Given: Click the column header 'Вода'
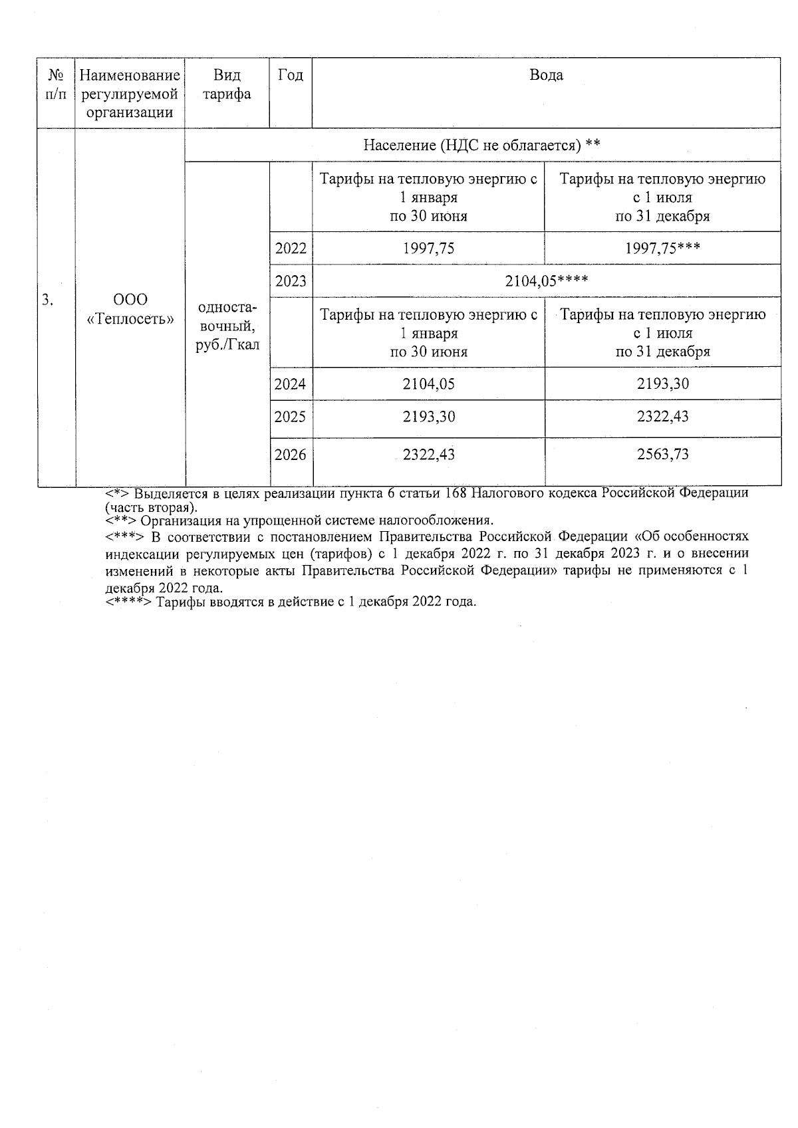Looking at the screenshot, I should pyautogui.click(x=546, y=75).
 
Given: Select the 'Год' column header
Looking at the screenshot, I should pyautogui.click(x=290, y=75).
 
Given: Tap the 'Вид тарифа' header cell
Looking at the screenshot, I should pyautogui.click(x=227, y=84).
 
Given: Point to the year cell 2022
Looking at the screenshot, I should pyautogui.click(x=291, y=249).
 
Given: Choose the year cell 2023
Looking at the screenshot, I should pyautogui.click(x=291, y=281).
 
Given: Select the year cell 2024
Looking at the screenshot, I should pyautogui.click(x=291, y=384).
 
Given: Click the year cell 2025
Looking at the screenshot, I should pyautogui.click(x=291, y=417).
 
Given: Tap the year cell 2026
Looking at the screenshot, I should pyautogui.click(x=291, y=455).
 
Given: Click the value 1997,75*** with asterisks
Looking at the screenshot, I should pyautogui.click(x=662, y=249).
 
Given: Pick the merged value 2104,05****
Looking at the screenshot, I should pyautogui.click(x=546, y=281).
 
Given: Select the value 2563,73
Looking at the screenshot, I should pyautogui.click(x=662, y=455).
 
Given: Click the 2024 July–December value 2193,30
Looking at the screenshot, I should pyautogui.click(x=662, y=384).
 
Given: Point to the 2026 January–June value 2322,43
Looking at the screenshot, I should pyautogui.click(x=429, y=455).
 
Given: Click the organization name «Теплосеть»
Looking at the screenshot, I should pyautogui.click(x=130, y=319).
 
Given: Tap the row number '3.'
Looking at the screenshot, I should pyautogui.click(x=47, y=300).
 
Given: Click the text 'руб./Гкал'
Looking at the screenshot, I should pyautogui.click(x=227, y=346).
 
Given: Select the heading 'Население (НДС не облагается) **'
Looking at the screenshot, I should pyautogui.click(x=482, y=145).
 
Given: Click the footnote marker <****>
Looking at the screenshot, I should pyautogui.click(x=129, y=602).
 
